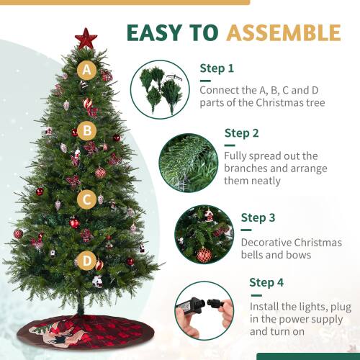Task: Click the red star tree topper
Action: [x=86, y=38]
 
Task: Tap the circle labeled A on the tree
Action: [x=87, y=71]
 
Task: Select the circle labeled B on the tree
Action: [x=87, y=130]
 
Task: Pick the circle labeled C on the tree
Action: [x=87, y=199]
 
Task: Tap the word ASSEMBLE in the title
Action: [x=283, y=32]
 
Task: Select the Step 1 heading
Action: [x=217, y=69]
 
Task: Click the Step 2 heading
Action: [x=241, y=132]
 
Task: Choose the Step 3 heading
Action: [x=258, y=217]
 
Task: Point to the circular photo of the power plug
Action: [x=204, y=310]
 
